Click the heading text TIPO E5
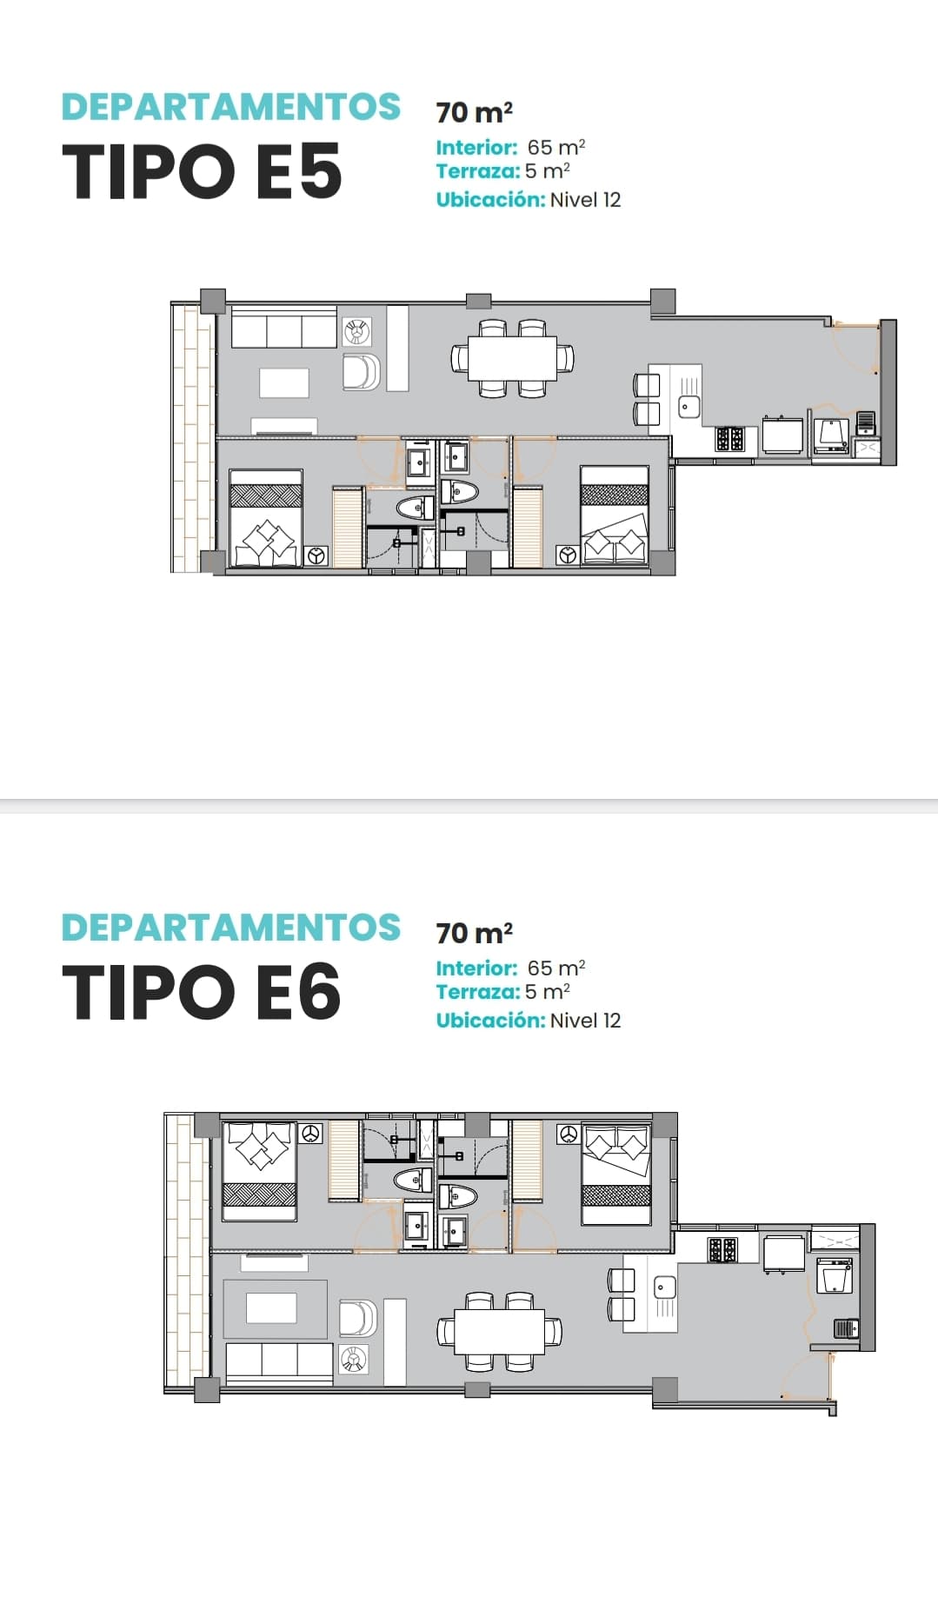click(202, 170)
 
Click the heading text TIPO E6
click(202, 991)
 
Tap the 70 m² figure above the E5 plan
click(474, 112)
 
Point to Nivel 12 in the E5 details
click(585, 200)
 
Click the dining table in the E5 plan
click(513, 358)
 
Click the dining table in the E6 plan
click(500, 1331)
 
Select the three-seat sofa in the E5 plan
click(284, 331)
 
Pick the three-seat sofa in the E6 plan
click(279, 1361)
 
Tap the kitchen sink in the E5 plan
click(689, 405)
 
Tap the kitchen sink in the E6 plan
click(664, 1287)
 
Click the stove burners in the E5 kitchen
click(729, 439)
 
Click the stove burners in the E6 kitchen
click(723, 1250)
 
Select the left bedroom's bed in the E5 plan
click(266, 518)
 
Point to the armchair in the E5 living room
click(361, 372)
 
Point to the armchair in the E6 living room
click(357, 1318)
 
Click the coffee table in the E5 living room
click(284, 383)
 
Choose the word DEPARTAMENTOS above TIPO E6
click(231, 928)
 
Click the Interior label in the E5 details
click(476, 148)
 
